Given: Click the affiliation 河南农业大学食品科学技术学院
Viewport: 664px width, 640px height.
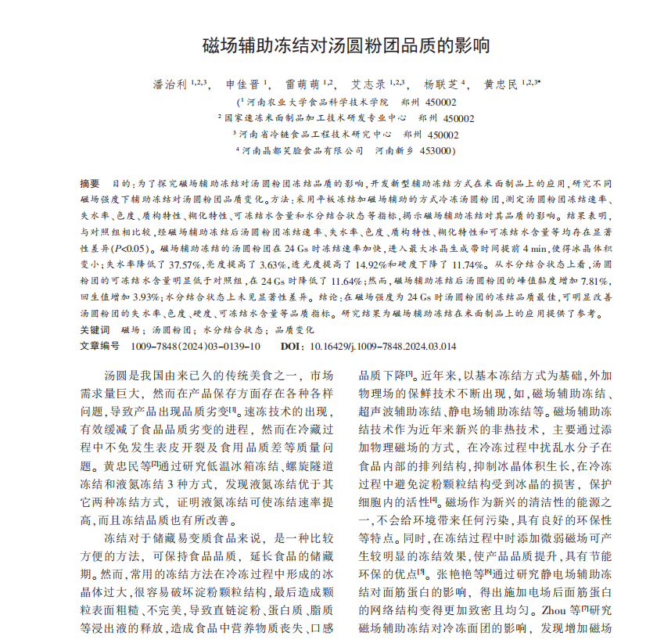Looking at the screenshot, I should coord(317,102).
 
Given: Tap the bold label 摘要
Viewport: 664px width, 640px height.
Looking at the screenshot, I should coord(90,182).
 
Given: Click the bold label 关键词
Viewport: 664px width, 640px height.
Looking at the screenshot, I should coord(95,330).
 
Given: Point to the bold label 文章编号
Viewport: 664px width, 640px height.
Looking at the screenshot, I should coord(99,345).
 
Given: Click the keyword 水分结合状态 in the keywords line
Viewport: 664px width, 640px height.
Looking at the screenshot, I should coord(228,330).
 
